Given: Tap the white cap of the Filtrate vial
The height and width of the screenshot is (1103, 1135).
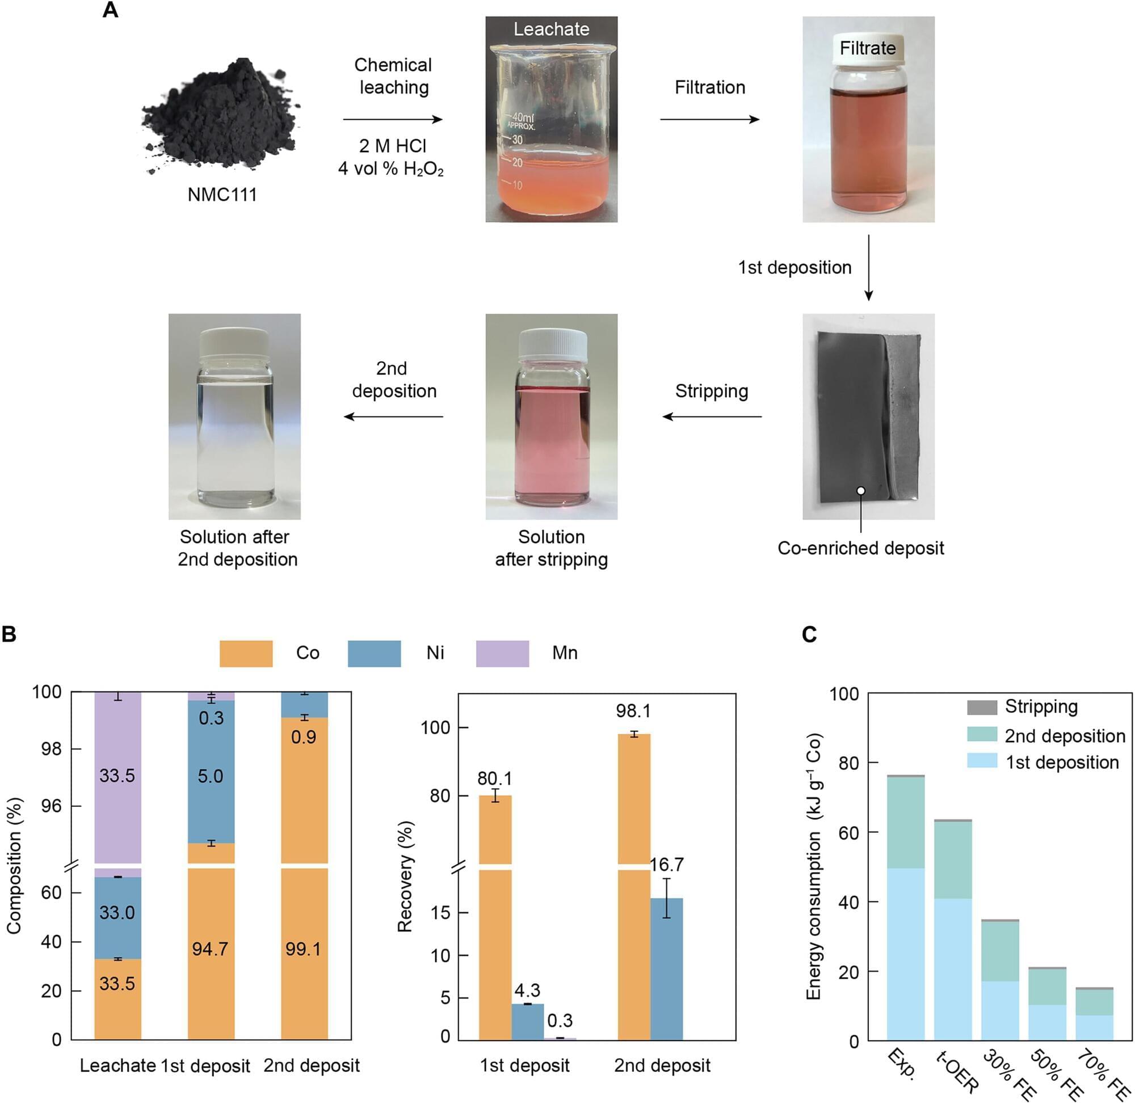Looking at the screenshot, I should pos(867,47).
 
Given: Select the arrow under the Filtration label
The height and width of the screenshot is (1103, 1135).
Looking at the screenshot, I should pos(710,119).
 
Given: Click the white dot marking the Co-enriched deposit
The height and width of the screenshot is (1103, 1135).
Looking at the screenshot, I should pos(861,491).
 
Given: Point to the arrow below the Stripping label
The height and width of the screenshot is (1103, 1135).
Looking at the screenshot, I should pos(712,416).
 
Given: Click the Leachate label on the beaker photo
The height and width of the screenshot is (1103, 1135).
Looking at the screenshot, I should pos(551,29).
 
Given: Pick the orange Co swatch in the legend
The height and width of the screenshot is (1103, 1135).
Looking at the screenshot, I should pos(246,654).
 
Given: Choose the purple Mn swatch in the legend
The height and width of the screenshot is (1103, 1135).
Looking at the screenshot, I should pos(502,654).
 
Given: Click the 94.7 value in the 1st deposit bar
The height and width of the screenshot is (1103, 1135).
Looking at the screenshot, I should pos(210,949).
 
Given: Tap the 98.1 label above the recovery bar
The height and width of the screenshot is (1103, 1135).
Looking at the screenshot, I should pos(633,711).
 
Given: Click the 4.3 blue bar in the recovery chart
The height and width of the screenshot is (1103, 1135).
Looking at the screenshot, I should pos(527,1021).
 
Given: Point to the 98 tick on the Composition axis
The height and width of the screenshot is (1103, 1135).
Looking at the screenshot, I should pos(51,749).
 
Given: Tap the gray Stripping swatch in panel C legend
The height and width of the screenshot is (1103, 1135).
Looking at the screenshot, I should pos(982,708).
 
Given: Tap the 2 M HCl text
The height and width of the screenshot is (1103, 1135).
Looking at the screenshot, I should pos(392,146).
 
